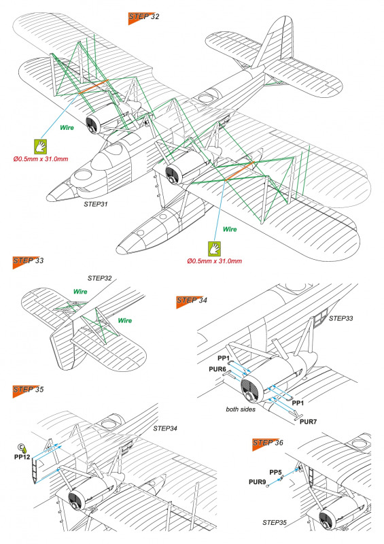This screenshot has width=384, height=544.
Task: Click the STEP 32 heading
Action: tap(143, 18)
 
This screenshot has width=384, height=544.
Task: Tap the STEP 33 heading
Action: tap(28, 261)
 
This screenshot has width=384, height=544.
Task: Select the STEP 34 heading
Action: tap(192, 301)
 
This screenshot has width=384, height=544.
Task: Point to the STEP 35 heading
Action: tap(28, 390)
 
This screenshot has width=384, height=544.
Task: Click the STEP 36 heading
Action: tap(268, 443)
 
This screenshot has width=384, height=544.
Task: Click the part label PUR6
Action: tap(217, 369)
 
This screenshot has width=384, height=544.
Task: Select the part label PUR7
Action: tap(308, 422)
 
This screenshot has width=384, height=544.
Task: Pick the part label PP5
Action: tap(275, 473)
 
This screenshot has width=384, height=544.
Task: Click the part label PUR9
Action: tap(257, 482)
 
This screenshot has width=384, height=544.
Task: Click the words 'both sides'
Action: tap(241, 409)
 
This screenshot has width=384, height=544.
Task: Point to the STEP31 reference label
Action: tap(96, 205)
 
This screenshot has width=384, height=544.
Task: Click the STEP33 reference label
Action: tap(341, 318)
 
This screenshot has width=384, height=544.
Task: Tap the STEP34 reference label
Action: tap(165, 429)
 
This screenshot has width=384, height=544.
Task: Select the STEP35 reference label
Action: tap(275, 522)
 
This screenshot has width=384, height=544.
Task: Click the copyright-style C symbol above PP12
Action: tap(20, 446)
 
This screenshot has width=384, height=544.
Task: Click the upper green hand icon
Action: tap(40, 147)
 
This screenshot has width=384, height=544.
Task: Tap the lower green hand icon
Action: tap(214, 249)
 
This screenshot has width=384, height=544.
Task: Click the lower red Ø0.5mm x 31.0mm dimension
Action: tap(214, 261)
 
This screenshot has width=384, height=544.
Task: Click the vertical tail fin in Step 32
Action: tap(274, 41)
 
